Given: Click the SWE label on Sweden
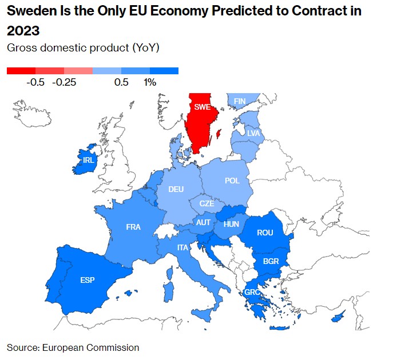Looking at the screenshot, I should click(x=202, y=107).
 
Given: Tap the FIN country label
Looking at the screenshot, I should click(x=240, y=101).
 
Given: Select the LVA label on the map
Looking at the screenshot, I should click(x=253, y=133).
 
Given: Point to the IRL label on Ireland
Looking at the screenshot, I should click(x=88, y=160).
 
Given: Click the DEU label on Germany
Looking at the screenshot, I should click(x=176, y=189).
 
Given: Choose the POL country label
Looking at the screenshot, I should click(x=232, y=181).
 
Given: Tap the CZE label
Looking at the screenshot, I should click(x=207, y=203).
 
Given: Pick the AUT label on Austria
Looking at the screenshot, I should click(x=204, y=222).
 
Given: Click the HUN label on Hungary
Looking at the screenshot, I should click(x=232, y=224).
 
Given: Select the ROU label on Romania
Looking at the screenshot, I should click(x=265, y=233).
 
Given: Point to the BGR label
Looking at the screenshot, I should click(x=271, y=261).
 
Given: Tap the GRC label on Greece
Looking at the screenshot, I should click(x=253, y=292).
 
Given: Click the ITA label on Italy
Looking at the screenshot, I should click(x=182, y=247).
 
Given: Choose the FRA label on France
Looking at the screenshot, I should click(x=133, y=227).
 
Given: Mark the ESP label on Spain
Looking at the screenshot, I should click(x=88, y=280).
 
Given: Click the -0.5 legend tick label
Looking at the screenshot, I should click(x=35, y=82).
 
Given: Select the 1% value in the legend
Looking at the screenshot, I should click(x=150, y=82).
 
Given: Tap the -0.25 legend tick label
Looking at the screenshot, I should click(x=64, y=82).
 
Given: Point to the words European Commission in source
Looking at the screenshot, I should click(x=104, y=347).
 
